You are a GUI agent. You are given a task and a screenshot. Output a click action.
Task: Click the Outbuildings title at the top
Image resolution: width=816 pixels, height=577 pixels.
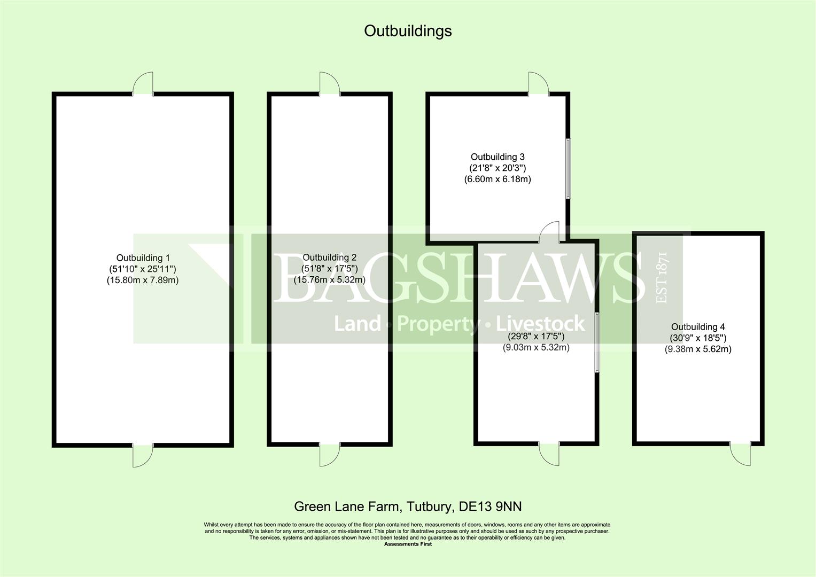point(408,32)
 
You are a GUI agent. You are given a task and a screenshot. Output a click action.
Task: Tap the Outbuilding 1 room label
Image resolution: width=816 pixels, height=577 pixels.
point(143,258)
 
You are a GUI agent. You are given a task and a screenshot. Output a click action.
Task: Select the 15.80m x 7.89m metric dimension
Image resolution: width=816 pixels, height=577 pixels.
point(143,280)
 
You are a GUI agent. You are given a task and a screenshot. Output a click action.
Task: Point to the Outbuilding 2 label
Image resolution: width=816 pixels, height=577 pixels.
point(329,258)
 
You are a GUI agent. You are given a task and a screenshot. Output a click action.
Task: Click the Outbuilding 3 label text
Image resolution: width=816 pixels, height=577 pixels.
point(498,157)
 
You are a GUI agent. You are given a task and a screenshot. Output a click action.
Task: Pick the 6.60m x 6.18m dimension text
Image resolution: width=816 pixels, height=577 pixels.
point(498,179)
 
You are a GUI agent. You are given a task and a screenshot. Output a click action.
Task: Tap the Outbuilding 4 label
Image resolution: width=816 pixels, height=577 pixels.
point(698,327)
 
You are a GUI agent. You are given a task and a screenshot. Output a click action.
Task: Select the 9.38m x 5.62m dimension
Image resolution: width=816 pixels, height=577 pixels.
point(698,349)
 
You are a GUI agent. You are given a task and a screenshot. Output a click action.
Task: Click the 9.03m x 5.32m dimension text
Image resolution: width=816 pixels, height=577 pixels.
point(536,347)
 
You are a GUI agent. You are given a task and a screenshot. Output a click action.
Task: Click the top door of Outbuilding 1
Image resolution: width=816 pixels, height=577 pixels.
point(143,84)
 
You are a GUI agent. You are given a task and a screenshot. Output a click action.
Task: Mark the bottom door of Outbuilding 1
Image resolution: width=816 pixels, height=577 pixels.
point(143,455)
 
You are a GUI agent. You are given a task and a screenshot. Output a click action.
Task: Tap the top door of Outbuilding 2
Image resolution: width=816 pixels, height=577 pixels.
point(330,84)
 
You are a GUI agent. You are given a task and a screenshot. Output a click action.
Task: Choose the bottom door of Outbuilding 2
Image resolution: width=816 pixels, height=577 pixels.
point(330,455)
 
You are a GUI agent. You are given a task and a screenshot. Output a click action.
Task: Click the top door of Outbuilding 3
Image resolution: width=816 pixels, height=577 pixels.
point(539,84)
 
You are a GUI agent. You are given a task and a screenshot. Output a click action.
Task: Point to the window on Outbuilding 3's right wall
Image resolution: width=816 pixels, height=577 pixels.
point(568,168)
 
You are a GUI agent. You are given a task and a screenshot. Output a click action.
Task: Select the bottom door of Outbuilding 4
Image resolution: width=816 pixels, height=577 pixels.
point(740,454)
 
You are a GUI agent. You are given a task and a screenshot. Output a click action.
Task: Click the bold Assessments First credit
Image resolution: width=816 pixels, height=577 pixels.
point(408,544)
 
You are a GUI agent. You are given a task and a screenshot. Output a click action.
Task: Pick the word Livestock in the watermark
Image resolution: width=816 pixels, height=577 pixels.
point(540,324)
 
